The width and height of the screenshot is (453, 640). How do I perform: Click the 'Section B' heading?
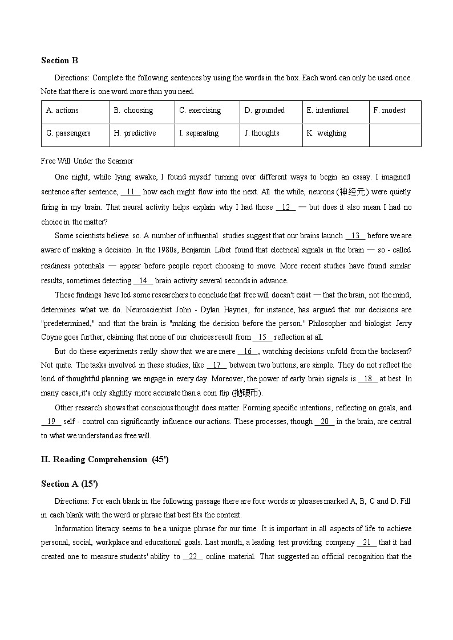(x=59, y=60)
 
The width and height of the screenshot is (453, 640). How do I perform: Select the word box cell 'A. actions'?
(x=62, y=111)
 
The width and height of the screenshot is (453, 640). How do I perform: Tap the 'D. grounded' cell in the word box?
(x=264, y=111)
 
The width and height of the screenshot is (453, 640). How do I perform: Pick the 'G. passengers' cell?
(x=68, y=133)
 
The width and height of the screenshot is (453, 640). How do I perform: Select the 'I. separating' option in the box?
(x=199, y=133)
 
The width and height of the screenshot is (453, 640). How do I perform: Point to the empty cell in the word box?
(x=395, y=135)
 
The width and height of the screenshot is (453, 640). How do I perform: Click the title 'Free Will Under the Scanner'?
(x=87, y=161)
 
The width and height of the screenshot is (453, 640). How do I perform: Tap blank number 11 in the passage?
(x=130, y=192)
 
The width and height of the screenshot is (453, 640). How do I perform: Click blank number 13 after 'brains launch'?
(x=355, y=235)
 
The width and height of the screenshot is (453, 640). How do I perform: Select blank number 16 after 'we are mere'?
(x=248, y=352)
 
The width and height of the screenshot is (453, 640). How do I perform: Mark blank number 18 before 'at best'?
(x=367, y=379)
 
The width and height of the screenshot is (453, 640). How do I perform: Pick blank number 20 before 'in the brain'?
(x=324, y=422)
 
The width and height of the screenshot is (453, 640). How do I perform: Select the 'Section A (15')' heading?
(x=69, y=484)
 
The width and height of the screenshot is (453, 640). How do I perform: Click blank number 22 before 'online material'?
(x=193, y=557)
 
